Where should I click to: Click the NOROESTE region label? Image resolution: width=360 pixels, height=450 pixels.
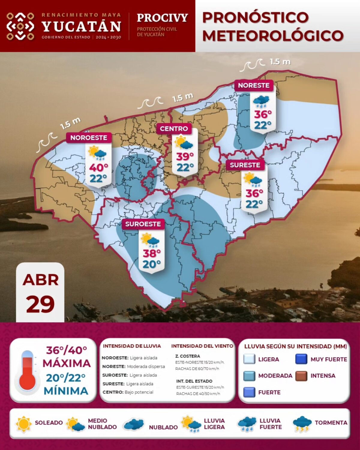[89, 138]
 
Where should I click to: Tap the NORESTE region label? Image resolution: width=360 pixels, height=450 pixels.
[254, 85]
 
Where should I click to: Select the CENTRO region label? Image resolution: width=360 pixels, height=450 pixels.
[174, 129]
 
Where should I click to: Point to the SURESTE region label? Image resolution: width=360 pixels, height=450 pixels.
[245, 165]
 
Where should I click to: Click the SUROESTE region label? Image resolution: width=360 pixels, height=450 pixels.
[143, 224]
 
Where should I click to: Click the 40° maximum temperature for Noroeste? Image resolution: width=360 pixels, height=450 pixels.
[98, 168]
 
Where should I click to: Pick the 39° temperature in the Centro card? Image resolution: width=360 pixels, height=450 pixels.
[185, 157]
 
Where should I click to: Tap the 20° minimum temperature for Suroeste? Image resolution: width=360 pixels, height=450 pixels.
[151, 264]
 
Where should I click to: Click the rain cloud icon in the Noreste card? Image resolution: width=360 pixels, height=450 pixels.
[261, 102]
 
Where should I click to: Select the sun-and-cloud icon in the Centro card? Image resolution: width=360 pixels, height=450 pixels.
[184, 142]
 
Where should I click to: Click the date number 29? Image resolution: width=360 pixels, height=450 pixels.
[40, 304]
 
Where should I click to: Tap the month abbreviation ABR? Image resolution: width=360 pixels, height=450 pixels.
[40, 280]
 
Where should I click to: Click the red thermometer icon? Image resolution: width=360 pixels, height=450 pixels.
[27, 372]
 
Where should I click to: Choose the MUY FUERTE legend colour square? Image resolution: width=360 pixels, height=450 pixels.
[301, 359]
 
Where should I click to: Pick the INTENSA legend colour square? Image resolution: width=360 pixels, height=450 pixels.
[301, 376]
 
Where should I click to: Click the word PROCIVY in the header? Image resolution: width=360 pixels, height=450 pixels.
[162, 18]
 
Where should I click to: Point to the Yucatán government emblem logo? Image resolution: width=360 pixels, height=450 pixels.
[20, 26]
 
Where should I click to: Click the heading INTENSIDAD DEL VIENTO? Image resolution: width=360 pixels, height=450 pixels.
[202, 346]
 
